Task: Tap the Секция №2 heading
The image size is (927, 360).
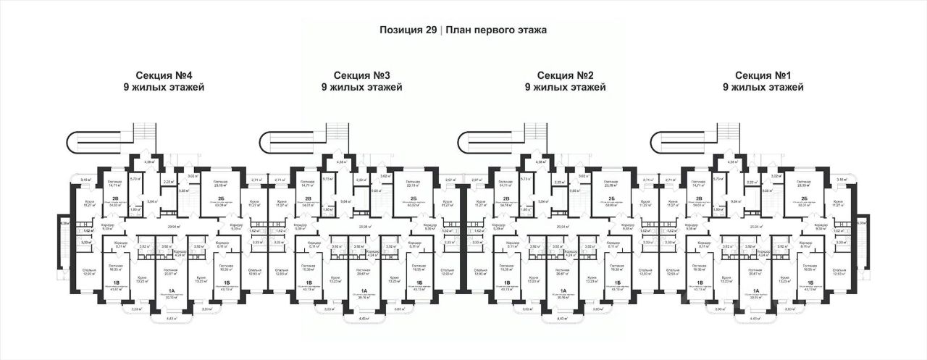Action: pyautogui.click(x=566, y=75)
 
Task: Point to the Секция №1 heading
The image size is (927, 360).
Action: pyautogui.click(x=763, y=75)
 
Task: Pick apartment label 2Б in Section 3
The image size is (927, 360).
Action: pyautogui.click(x=413, y=198)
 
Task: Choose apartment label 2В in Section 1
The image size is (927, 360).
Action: pyautogui.click(x=700, y=198)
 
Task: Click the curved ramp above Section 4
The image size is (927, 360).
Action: pyautogui.click(x=93, y=141)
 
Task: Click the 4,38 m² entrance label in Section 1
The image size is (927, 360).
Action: pyautogui.click(x=734, y=162)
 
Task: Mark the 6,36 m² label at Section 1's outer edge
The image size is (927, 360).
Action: pyautogui.click(x=861, y=224)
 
